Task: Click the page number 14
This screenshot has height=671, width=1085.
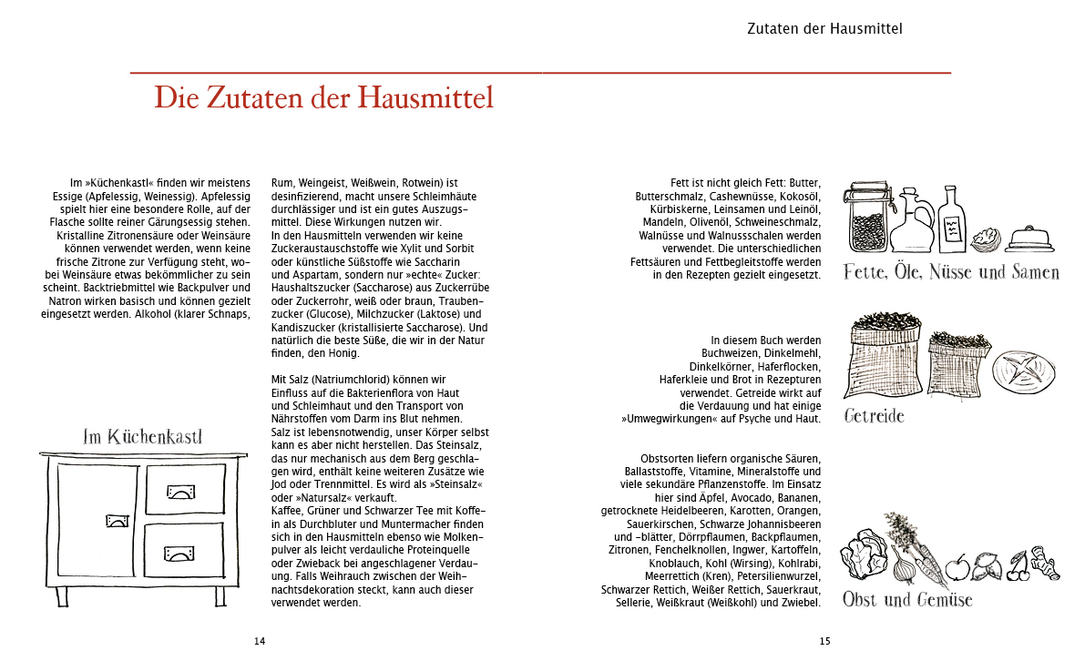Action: click(260, 641)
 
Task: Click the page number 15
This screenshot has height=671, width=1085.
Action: click(824, 641)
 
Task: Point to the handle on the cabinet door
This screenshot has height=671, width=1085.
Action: click(118, 521)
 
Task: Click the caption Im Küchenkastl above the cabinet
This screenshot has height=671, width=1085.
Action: click(142, 437)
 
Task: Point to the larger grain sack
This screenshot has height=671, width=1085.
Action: click(883, 359)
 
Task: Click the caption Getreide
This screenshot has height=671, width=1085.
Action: click(874, 416)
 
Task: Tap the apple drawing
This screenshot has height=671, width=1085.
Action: click(957, 569)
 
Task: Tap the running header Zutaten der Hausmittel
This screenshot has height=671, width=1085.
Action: click(824, 28)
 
